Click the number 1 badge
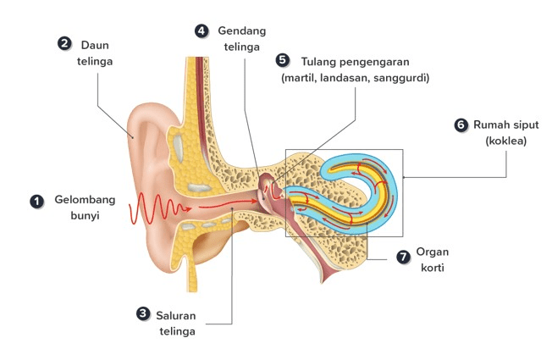click(x=36, y=202)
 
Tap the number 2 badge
click(x=63, y=43)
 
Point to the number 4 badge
click(x=201, y=30)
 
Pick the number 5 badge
click(x=283, y=60)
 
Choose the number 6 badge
click(x=461, y=125)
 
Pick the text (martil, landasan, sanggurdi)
click(x=356, y=78)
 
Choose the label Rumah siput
click(x=507, y=125)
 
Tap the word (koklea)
click(x=505, y=141)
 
